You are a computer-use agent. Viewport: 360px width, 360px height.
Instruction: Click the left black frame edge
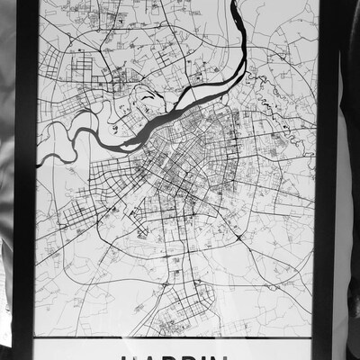[x=24, y=180]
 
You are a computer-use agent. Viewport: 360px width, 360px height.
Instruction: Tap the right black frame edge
[x=325, y=180]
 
